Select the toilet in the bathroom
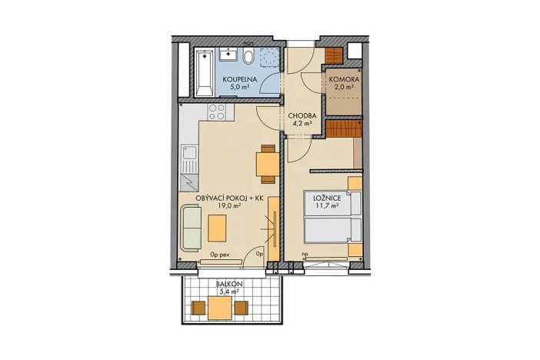point(249,57)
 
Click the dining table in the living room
point(266,164)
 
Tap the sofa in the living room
point(192,228)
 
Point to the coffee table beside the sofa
point(218,228)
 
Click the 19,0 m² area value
point(229,207)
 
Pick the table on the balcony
point(220,308)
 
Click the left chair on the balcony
point(198,308)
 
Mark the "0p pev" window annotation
point(219,252)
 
